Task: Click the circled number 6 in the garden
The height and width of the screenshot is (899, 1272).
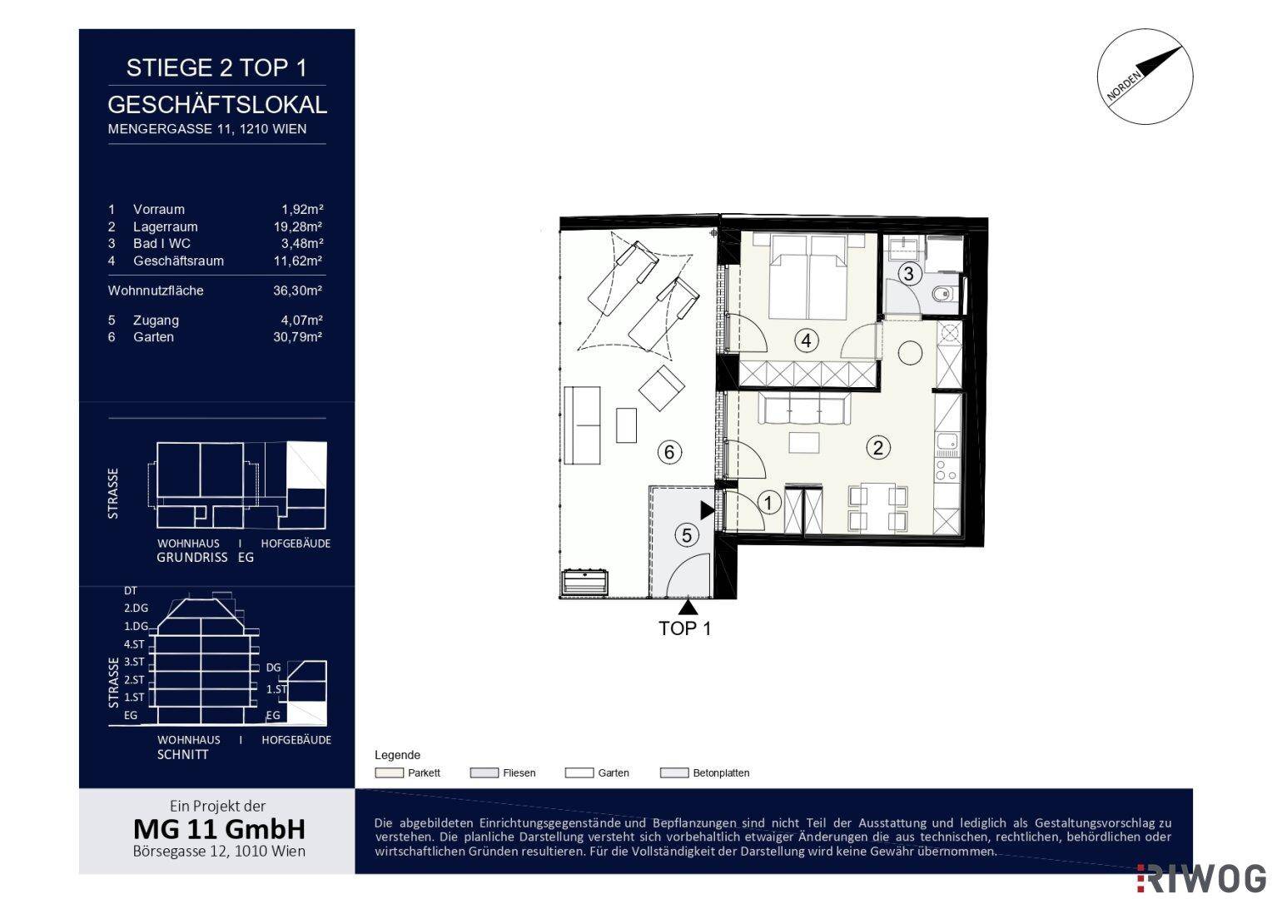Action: [669, 452]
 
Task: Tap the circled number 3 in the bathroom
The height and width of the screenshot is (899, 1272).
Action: [908, 274]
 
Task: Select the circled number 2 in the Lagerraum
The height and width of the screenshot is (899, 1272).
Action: [878, 448]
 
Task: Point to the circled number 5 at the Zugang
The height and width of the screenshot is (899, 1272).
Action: [687, 535]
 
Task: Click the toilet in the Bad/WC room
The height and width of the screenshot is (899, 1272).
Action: [944, 294]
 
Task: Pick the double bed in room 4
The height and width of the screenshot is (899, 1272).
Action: [807, 276]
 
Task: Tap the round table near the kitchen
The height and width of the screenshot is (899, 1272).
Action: [910, 353]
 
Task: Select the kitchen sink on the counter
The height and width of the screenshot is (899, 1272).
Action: [947, 441]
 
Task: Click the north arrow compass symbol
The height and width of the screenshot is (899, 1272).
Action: [1145, 77]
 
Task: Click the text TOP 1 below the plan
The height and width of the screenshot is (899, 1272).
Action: [685, 628]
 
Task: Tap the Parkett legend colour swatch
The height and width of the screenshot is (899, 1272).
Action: [389, 773]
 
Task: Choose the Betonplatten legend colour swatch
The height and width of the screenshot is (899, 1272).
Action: [674, 773]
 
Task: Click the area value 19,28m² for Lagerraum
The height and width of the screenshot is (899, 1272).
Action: [298, 226]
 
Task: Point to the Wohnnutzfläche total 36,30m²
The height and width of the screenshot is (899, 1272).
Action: [297, 291]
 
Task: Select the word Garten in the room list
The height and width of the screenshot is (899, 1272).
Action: [153, 337]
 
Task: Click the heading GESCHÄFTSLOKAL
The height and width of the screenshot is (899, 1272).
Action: [217, 105]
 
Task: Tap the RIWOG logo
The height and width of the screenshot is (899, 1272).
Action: [1202, 879]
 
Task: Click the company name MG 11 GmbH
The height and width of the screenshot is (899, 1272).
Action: [219, 829]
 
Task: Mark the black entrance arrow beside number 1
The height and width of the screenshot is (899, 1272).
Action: [708, 510]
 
